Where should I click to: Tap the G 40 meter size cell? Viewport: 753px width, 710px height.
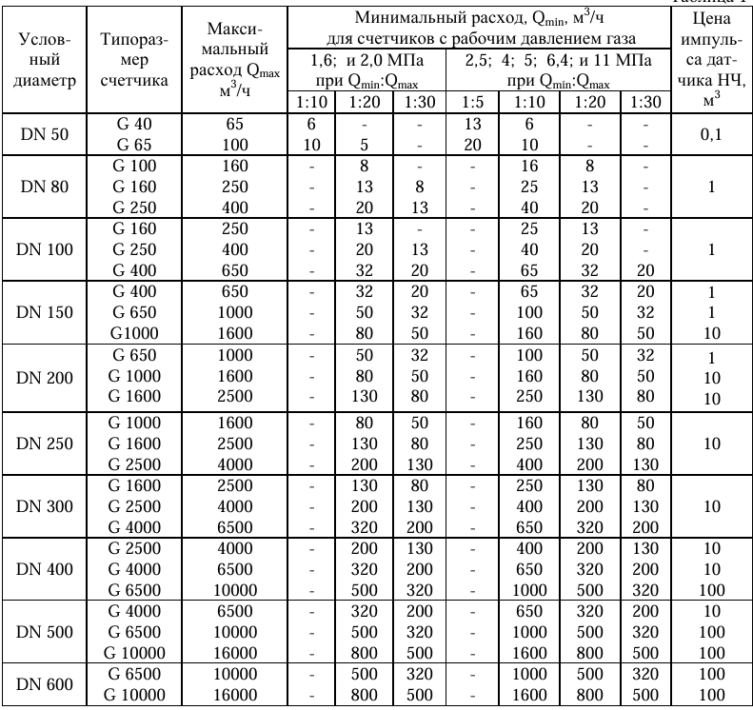[x=134, y=125]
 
